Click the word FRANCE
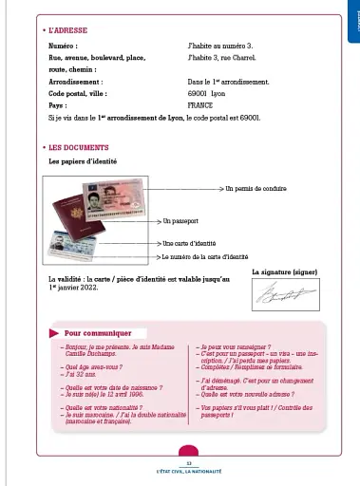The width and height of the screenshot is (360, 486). tap(202, 106)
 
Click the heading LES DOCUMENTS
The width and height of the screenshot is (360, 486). tap(77, 148)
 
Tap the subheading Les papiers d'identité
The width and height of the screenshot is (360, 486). tap(86, 161)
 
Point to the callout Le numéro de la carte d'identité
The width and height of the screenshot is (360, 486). tap(204, 256)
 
